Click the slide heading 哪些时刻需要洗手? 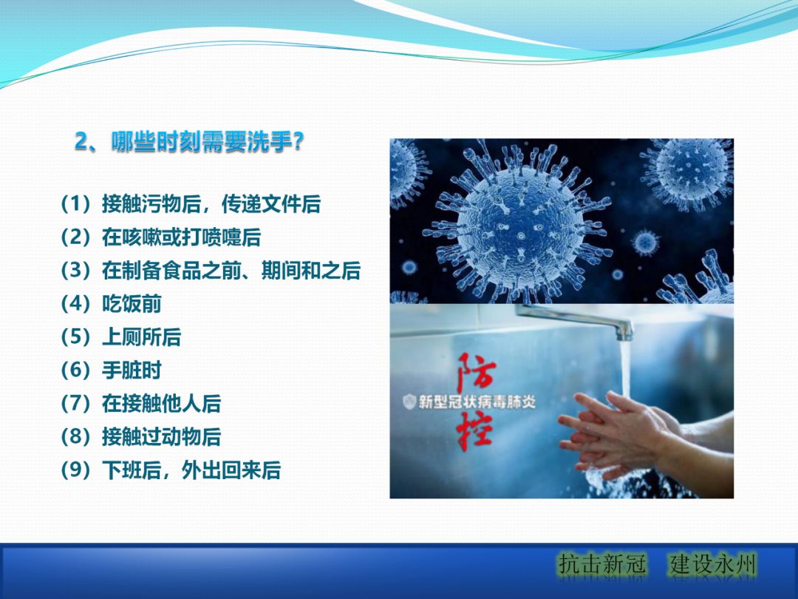(207, 141)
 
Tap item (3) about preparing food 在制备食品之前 (211, 271)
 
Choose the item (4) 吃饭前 (111, 304)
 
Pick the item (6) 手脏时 (111, 370)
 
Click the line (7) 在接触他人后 (140, 404)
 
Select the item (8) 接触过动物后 (140, 437)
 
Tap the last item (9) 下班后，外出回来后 (171, 470)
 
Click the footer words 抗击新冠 (602, 566)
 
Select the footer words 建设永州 (713, 566)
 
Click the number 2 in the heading (81, 141)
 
